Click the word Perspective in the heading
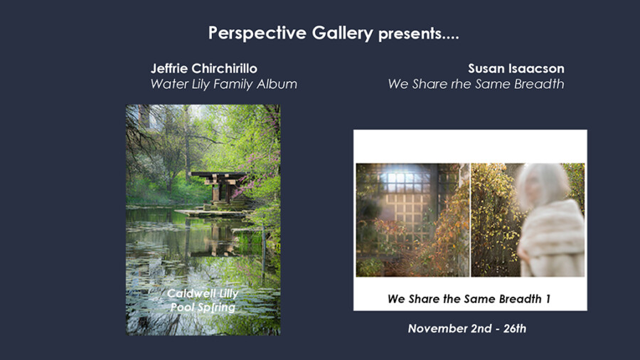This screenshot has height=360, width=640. click(x=257, y=33)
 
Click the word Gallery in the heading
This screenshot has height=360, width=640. click(x=343, y=33)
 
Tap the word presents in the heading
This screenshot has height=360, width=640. click(x=410, y=34)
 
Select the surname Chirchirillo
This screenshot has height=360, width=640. click(x=225, y=68)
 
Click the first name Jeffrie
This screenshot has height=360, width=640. click(x=169, y=68)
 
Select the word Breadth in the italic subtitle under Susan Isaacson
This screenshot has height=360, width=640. click(x=539, y=84)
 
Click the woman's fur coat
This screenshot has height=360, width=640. click(x=551, y=239)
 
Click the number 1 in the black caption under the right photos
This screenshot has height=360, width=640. click(x=548, y=300)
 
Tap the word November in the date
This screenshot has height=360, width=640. click(x=432, y=329)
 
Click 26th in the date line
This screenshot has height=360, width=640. click(x=515, y=329)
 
